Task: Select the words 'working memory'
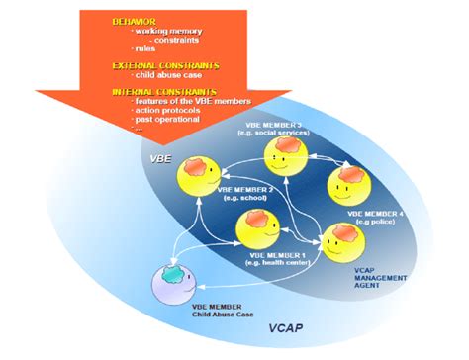pos(166,31)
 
